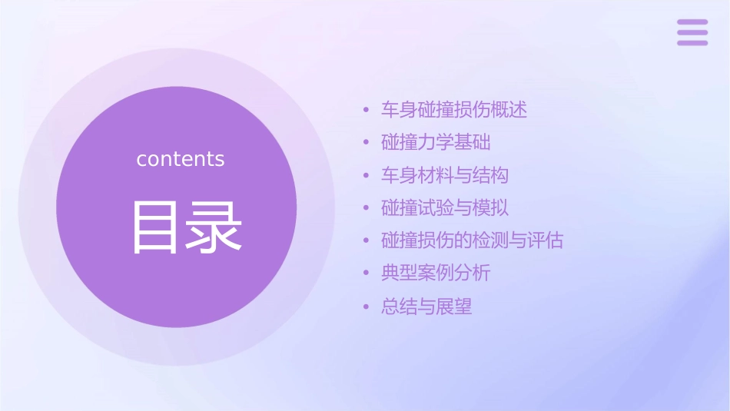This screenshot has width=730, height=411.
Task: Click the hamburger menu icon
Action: click(692, 32)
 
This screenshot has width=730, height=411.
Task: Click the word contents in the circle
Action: click(181, 159)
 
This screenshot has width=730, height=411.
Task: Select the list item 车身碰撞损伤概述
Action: click(454, 110)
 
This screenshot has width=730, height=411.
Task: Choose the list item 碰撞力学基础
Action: click(436, 143)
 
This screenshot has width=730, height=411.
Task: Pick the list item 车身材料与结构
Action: click(445, 176)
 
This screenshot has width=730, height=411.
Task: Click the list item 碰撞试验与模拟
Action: click(445, 208)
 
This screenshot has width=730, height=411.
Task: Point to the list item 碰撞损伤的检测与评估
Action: click(472, 241)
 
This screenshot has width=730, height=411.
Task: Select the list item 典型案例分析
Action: click(436, 273)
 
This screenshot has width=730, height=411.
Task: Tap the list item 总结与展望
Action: click(426, 307)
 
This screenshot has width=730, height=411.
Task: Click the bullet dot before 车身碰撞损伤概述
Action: click(367, 111)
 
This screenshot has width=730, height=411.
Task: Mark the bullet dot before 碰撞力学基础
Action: click(367, 144)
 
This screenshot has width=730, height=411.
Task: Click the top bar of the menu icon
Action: click(692, 22)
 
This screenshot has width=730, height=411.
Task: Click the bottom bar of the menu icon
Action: click(692, 42)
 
